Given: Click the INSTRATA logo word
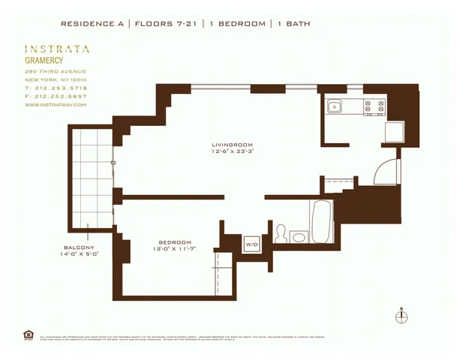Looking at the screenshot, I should (x=57, y=49).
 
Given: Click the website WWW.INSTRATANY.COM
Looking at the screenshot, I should (x=56, y=105).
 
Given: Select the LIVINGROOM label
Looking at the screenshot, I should (x=231, y=144).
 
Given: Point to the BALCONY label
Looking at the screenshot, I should (x=79, y=247).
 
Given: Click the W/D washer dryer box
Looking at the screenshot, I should (x=251, y=244).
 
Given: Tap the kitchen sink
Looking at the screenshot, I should (x=333, y=106).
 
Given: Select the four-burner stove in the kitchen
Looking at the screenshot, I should (x=374, y=107).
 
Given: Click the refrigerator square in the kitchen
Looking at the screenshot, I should (x=394, y=132).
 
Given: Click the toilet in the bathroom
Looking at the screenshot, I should (x=281, y=234).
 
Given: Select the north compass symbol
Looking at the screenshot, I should (x=401, y=316).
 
